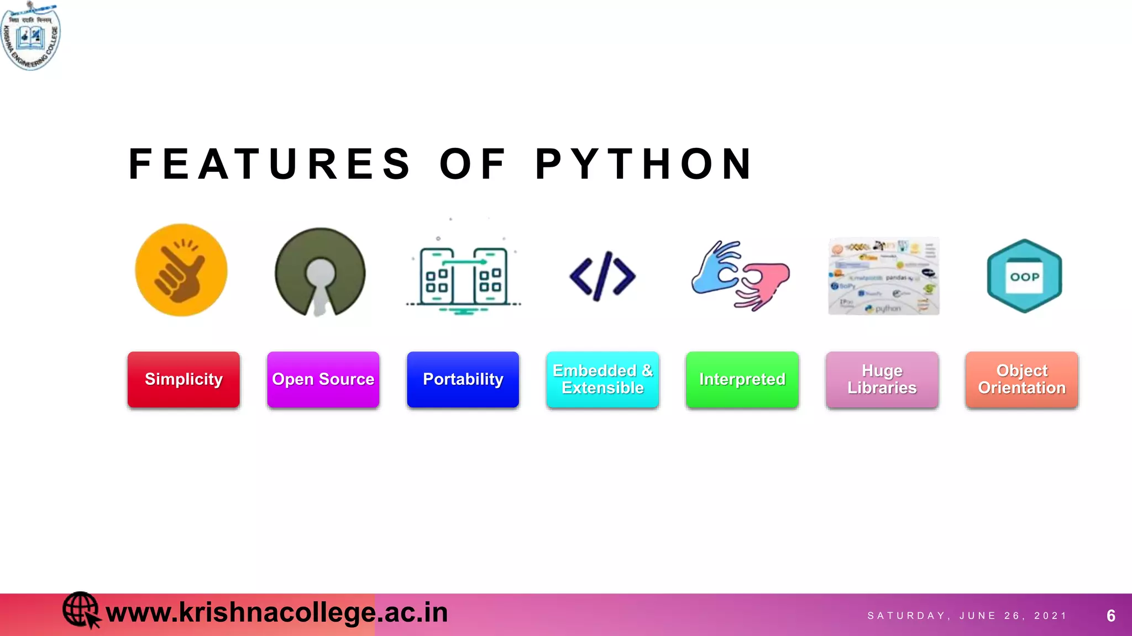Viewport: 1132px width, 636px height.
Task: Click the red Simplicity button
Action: pos(184,380)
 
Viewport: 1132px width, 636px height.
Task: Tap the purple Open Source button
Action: pos(323,380)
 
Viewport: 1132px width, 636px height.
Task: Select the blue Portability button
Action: pos(463,380)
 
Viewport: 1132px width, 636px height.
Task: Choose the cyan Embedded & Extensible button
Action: pos(602,380)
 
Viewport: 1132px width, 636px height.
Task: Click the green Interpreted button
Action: pos(742,380)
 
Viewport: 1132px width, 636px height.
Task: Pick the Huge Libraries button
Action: pos(882,380)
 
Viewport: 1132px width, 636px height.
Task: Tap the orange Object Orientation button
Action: pos(1022,380)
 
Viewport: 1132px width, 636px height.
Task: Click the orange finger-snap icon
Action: pos(181,270)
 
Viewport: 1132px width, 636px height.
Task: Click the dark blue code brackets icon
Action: pos(602,276)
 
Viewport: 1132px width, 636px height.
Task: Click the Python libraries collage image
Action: pos(883,276)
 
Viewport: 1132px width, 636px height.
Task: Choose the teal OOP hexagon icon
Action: pos(1024,276)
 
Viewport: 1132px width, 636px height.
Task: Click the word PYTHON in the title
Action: pos(644,165)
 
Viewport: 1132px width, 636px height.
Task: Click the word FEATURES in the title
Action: pos(270,165)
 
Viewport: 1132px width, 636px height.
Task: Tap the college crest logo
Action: pos(31,36)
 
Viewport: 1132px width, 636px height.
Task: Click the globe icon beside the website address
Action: pos(81,609)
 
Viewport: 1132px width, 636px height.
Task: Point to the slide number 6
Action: pos(1111,616)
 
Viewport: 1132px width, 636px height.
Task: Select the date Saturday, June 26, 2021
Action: pos(967,616)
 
